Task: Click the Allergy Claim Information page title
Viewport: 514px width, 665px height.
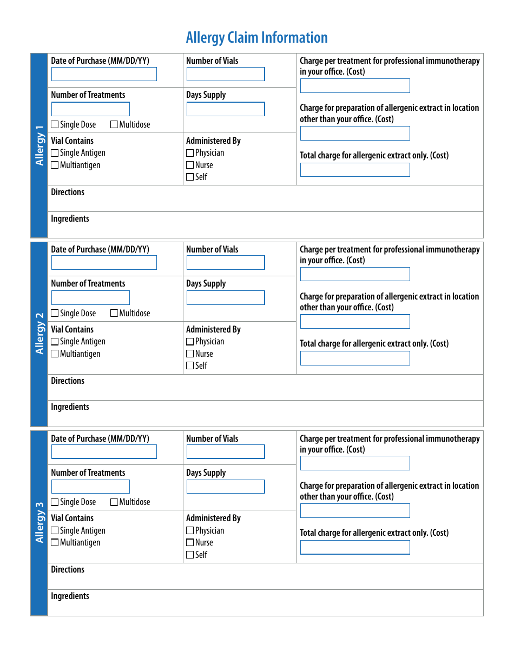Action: (256, 38)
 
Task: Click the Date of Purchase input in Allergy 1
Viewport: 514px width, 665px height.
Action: (104, 74)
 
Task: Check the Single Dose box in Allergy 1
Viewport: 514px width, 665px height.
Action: (55, 125)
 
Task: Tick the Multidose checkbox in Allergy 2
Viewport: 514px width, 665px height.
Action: (114, 314)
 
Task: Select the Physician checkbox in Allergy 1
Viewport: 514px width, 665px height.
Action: (190, 154)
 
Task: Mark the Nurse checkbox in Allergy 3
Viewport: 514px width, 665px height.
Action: (190, 543)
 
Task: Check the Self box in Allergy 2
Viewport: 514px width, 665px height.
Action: (190, 366)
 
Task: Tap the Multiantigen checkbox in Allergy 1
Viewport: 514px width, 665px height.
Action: (55, 165)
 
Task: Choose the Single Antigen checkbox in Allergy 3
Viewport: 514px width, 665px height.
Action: (55, 531)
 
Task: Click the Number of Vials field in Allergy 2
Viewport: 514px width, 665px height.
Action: (226, 263)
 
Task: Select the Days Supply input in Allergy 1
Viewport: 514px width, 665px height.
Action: (226, 109)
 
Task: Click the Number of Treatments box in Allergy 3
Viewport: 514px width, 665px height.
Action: (90, 487)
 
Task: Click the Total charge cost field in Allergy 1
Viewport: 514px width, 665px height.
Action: (355, 170)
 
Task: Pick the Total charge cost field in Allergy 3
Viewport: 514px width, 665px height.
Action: (355, 547)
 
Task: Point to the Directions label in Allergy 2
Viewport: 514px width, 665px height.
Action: (68, 381)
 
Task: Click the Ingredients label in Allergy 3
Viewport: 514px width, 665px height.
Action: (70, 596)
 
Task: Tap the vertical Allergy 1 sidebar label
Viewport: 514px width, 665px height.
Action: (39, 145)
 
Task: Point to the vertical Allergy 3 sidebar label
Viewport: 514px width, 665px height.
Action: (39, 523)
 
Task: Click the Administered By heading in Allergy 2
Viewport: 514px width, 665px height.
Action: (213, 330)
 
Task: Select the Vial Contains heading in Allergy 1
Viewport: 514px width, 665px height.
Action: (72, 141)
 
